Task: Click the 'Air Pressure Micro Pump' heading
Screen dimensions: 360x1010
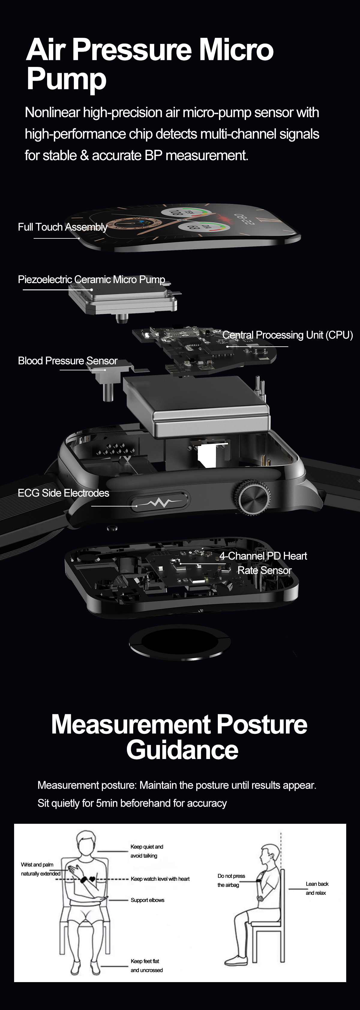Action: (150, 64)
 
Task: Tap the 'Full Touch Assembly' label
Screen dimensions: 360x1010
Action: (63, 227)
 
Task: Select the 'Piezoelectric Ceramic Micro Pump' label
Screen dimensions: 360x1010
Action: (91, 279)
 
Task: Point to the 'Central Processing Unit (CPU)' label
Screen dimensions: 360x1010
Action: (287, 335)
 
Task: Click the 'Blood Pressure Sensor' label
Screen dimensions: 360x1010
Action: (68, 361)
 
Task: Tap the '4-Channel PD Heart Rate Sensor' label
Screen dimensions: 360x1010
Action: (263, 563)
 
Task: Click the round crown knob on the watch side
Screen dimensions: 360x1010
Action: (253, 497)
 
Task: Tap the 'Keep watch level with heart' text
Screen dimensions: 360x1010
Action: (160, 879)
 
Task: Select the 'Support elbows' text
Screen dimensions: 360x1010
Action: (148, 900)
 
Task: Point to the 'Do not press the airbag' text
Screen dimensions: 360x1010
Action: (231, 880)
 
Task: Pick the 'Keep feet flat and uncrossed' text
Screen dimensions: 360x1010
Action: (147, 965)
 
